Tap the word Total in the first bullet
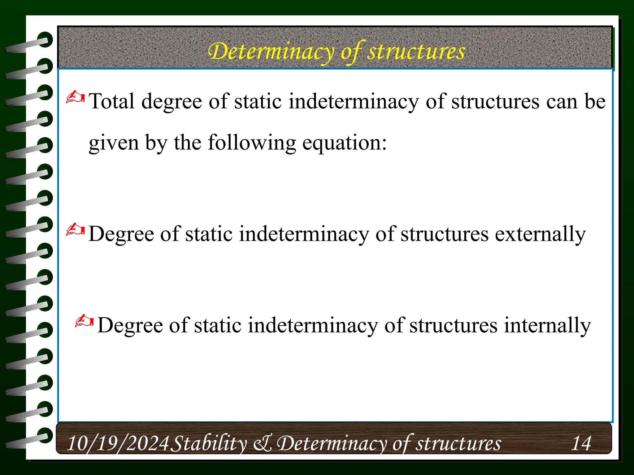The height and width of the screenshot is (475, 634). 112,101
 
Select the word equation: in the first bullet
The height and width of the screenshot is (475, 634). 344,143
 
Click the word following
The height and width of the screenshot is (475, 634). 252,143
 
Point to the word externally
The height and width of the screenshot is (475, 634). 540,234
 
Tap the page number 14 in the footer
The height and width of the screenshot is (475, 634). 581,443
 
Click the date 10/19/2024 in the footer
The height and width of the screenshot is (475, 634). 118,443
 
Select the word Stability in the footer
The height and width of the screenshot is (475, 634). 209,443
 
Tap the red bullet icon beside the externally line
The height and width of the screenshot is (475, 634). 75,229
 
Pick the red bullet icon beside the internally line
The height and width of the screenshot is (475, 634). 84,321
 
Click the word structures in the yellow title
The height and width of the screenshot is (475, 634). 416,51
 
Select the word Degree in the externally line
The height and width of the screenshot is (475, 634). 120,234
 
